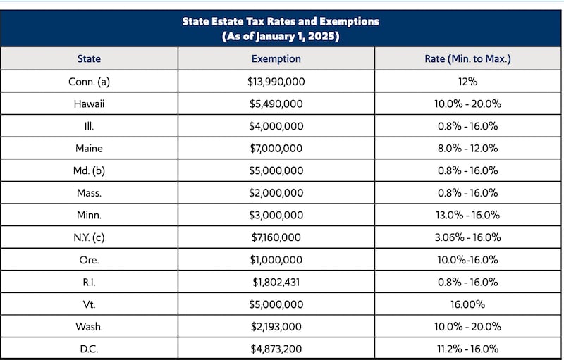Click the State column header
tap(89, 58)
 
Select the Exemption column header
tap(276, 58)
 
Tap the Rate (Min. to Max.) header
tap(467, 58)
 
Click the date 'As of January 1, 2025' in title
tap(281, 37)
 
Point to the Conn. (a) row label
tap(89, 82)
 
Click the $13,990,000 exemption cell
tap(276, 82)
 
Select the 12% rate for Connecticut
tap(467, 82)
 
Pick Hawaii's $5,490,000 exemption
tap(276, 104)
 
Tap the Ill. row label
tap(89, 126)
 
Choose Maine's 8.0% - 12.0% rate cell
tap(467, 149)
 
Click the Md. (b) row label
tap(89, 170)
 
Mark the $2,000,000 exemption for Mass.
tap(276, 193)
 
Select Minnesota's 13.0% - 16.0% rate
tap(467, 215)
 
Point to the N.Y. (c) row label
tap(89, 237)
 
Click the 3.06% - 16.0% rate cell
tap(467, 237)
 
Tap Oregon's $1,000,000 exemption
tap(276, 260)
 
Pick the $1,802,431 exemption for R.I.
tap(276, 282)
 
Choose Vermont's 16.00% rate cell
tap(467, 304)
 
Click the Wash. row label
tap(89, 327)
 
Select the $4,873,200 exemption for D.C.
tap(276, 349)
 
